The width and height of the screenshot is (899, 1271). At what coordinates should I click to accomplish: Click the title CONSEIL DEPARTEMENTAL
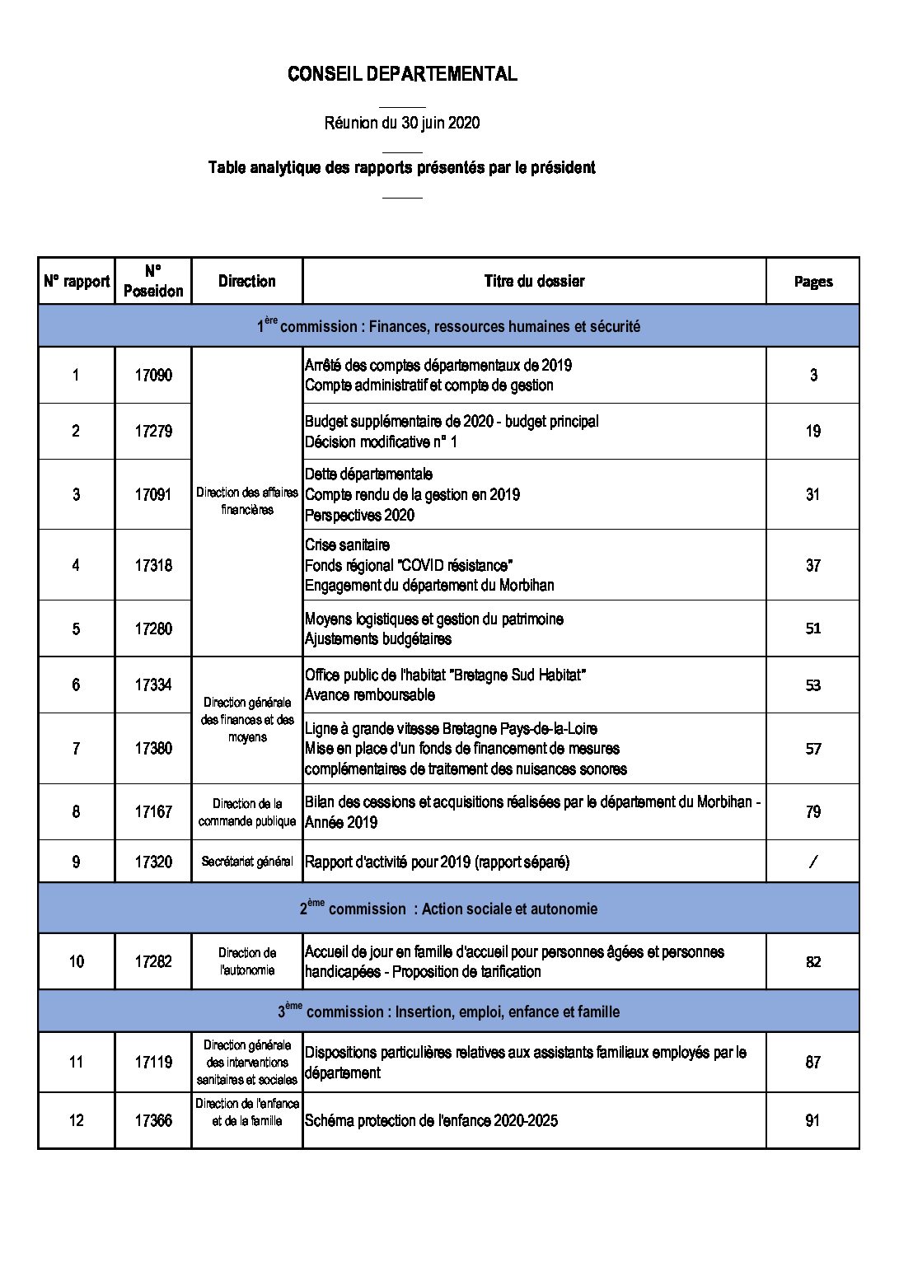402,74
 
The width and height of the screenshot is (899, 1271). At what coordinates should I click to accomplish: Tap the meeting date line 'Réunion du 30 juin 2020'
402,123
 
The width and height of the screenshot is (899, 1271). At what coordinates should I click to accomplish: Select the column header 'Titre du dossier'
534,281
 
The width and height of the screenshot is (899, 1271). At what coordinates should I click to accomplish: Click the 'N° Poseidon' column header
153,281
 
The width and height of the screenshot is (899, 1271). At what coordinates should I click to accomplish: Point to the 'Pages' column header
812,282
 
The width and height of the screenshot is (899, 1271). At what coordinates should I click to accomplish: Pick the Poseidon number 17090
153,375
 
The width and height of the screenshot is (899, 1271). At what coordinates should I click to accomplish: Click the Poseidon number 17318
153,565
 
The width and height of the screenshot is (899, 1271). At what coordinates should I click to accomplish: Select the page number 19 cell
812,431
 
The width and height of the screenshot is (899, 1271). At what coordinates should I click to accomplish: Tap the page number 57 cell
812,749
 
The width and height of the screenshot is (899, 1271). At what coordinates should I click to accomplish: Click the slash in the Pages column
812,862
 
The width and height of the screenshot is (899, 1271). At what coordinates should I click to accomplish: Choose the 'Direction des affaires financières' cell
247,501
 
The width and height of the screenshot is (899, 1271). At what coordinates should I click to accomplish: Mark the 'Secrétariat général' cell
247,862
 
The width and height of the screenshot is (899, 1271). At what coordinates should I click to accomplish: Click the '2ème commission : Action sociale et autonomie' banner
448,909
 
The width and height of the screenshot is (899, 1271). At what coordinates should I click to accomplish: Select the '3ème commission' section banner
448,1012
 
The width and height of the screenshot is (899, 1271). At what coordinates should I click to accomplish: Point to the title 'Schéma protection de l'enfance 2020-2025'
431,1120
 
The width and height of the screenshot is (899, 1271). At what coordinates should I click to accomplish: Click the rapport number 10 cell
76,961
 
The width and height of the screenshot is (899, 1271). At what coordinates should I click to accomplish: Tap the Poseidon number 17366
153,1120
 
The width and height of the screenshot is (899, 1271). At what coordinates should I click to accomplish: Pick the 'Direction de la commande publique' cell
247,812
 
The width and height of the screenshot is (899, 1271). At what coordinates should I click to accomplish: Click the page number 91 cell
812,1120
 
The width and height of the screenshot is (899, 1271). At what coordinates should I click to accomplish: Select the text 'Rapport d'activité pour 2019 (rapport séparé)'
437,862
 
